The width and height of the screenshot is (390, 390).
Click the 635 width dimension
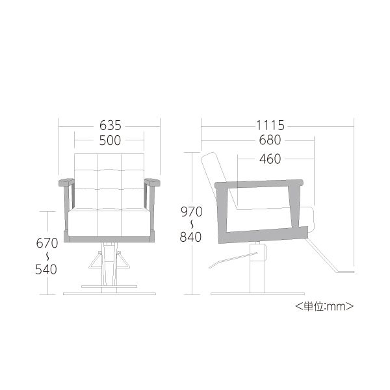110,125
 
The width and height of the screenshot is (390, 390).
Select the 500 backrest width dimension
110,140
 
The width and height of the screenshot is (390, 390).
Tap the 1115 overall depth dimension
270,125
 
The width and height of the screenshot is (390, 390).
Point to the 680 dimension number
270,140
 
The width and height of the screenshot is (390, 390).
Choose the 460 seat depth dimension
270,159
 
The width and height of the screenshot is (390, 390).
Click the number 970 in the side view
192,212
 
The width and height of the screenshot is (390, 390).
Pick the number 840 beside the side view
190,237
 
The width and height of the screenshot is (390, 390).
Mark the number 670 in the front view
47,243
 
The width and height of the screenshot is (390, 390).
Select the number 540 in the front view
46,269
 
